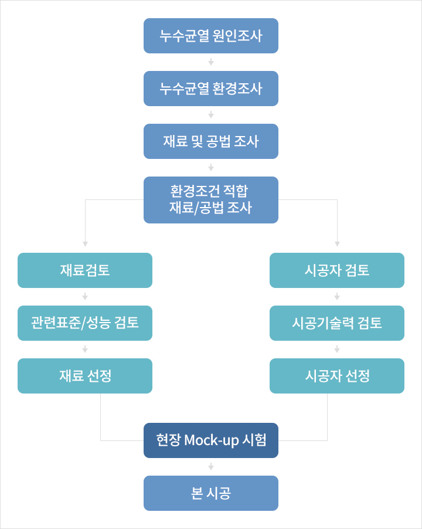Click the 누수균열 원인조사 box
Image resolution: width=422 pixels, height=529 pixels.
[x=211, y=36]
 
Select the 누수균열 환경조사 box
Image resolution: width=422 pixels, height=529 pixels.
[x=211, y=89]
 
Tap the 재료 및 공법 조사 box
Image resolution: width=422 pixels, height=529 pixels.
[x=211, y=141]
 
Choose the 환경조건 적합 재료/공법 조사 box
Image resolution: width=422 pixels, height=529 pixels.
[x=211, y=200]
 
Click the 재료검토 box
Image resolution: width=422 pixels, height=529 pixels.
[x=85, y=270]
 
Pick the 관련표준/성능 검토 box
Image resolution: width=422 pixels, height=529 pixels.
[x=85, y=323]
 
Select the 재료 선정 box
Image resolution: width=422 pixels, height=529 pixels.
[x=85, y=376]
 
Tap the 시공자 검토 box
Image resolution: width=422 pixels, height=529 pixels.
[x=337, y=270]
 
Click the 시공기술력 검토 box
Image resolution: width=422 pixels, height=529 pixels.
[x=337, y=323]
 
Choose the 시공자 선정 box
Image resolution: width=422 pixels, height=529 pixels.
[x=337, y=376]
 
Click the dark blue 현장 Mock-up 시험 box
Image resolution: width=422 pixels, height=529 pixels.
[x=211, y=440]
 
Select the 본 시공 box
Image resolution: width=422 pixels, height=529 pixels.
[x=211, y=493]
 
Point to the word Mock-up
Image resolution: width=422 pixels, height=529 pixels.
[x=212, y=440]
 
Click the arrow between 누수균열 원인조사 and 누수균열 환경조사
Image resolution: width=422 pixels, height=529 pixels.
[x=211, y=62]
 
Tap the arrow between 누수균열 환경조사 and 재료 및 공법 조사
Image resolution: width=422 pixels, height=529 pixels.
[x=211, y=115]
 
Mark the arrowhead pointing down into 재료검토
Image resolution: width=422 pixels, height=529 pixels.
[x=85, y=244]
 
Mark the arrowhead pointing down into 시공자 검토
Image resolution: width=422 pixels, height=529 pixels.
[x=337, y=244]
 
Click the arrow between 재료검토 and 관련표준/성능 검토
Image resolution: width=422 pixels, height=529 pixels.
[x=85, y=297]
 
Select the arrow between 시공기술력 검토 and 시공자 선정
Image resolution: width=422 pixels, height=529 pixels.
[x=337, y=349]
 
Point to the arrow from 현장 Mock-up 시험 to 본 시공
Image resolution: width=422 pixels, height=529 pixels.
[x=211, y=467]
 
